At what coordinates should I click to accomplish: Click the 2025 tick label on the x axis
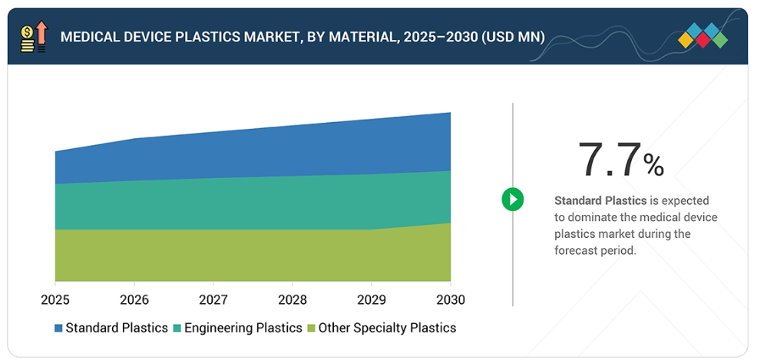pyautogui.click(x=55, y=299)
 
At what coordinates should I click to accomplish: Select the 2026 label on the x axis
pyautogui.click(x=134, y=299)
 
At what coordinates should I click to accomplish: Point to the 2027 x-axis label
pyautogui.click(x=213, y=299)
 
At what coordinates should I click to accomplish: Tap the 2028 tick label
pyautogui.click(x=293, y=299)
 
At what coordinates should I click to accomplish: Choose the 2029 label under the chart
pyautogui.click(x=372, y=299)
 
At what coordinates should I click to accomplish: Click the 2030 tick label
pyautogui.click(x=450, y=299)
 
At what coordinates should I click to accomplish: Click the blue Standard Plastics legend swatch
pyautogui.click(x=58, y=329)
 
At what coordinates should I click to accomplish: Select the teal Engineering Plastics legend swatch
pyautogui.click(x=177, y=329)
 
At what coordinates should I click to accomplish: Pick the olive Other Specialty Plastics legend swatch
pyautogui.click(x=312, y=329)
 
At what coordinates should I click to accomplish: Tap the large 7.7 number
pyautogui.click(x=609, y=160)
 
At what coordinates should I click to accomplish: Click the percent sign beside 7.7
pyautogui.click(x=653, y=165)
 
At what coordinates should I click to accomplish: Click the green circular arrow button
pyautogui.click(x=512, y=200)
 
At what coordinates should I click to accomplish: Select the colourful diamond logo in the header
pyautogui.click(x=703, y=35)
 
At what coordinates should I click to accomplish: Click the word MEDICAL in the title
pyautogui.click(x=86, y=37)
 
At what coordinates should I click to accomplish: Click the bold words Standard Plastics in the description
pyautogui.click(x=600, y=200)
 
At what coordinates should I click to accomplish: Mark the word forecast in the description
pyautogui.click(x=579, y=251)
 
